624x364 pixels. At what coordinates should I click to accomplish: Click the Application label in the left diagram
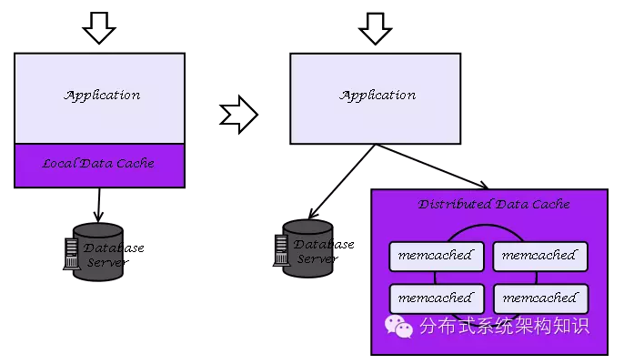point(102,95)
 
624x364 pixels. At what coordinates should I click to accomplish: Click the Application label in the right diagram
point(377,95)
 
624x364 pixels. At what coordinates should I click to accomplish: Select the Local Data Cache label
point(98,164)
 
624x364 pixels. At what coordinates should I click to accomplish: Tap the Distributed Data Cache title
point(493,204)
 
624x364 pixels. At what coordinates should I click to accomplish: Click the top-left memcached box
point(435,256)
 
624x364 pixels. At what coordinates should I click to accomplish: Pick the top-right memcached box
point(539,256)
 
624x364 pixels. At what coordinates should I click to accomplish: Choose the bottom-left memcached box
point(435,298)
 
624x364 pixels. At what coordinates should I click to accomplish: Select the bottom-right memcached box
point(539,298)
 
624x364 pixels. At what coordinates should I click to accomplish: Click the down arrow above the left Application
point(99,28)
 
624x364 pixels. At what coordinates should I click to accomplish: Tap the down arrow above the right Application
point(375,28)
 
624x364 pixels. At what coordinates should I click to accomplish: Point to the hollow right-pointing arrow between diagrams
point(239,115)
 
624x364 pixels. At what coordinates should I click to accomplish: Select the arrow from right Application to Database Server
point(341,182)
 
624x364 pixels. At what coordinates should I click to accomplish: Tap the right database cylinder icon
point(307,248)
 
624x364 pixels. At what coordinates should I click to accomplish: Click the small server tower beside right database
point(279,249)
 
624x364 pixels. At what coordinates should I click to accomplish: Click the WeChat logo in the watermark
point(398,325)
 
